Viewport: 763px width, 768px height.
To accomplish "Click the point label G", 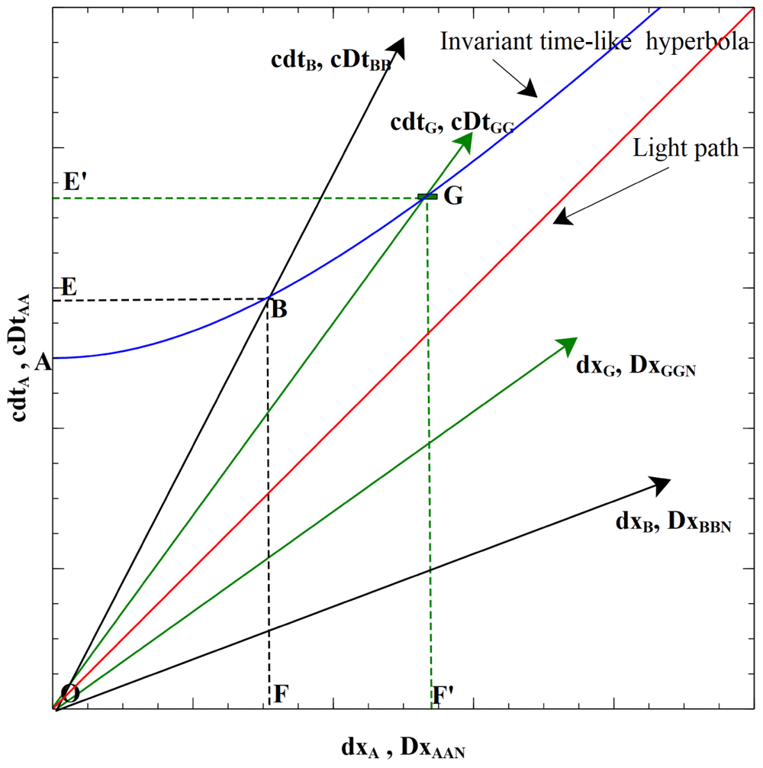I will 453,196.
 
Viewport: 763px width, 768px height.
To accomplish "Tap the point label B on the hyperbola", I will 279,311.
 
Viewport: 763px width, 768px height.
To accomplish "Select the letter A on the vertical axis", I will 43,363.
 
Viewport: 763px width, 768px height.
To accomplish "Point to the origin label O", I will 70,693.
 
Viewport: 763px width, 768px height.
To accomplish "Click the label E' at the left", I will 76,182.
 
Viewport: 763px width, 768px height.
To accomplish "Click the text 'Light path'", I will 686,149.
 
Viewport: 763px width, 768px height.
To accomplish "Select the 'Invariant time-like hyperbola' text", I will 593,41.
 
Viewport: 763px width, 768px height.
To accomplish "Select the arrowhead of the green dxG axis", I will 568,345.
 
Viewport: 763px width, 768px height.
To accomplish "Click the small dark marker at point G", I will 427,197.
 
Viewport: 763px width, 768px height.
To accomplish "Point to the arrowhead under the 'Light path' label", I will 563,218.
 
